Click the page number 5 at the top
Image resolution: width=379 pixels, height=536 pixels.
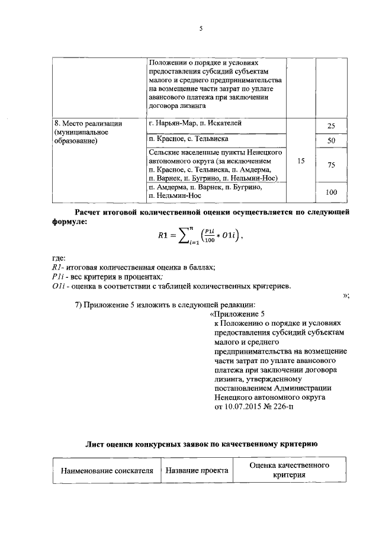(x=201, y=28)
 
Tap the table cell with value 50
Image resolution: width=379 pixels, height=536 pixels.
(x=332, y=141)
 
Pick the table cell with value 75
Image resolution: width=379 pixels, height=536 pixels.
(x=332, y=165)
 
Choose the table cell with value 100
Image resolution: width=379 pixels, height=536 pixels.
(x=332, y=192)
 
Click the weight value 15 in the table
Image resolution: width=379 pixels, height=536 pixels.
(x=301, y=161)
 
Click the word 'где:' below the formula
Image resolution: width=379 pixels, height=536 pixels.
(x=59, y=258)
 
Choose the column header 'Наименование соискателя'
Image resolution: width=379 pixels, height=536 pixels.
(x=104, y=471)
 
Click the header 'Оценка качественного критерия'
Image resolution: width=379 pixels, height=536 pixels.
(x=289, y=471)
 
